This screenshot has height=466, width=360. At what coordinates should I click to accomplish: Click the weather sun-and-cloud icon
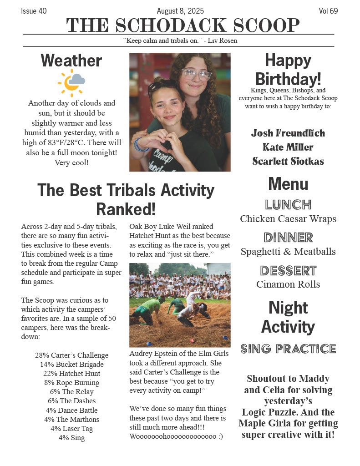[71, 82]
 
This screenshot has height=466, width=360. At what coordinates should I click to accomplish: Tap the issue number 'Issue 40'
[34, 11]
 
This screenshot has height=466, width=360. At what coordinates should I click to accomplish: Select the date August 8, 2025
[180, 11]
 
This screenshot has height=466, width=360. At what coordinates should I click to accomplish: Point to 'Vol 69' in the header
[328, 11]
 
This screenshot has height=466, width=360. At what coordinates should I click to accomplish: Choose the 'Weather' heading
[71, 61]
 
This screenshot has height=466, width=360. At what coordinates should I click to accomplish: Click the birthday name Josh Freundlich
[288, 133]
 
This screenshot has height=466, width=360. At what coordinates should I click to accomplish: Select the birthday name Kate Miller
[288, 147]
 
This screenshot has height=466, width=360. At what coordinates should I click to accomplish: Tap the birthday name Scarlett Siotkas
[288, 161]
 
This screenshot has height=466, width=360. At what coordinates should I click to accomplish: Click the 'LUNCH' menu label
[288, 204]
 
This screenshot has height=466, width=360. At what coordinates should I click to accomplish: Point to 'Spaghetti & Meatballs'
[288, 252]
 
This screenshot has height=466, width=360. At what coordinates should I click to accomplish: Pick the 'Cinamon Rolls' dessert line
[288, 284]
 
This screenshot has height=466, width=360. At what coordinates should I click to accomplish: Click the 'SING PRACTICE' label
[288, 349]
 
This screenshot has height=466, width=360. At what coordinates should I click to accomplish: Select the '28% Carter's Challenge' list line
[71, 355]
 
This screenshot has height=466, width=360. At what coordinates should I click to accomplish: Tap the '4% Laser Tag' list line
[71, 429]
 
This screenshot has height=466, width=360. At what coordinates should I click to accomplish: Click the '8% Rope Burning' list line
[71, 383]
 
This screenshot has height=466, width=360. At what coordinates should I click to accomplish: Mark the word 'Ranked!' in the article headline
[126, 209]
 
